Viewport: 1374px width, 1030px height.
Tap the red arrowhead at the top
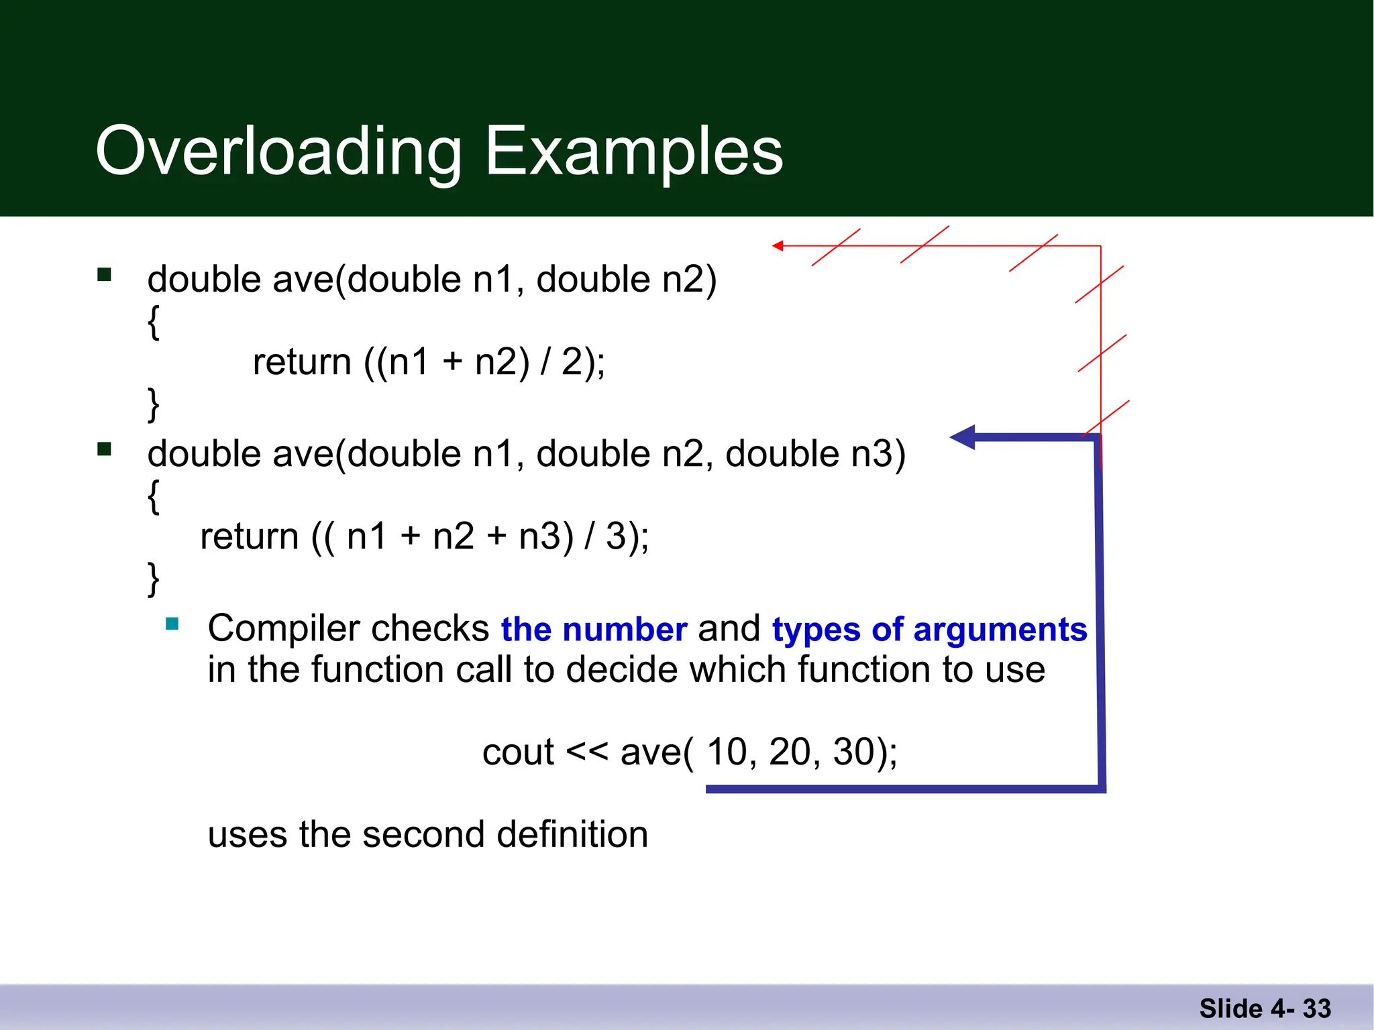click(778, 246)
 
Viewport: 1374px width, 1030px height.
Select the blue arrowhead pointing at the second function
click(963, 437)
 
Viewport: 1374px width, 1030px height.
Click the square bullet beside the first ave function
click(104, 274)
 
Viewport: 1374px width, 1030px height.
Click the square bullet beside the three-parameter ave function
click(104, 449)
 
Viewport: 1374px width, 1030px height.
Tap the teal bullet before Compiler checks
click(172, 624)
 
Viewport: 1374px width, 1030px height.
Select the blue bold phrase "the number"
click(594, 629)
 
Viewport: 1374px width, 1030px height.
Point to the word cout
click(517, 752)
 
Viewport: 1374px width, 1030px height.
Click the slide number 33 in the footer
click(1316, 1009)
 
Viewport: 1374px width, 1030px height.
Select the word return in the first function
click(302, 362)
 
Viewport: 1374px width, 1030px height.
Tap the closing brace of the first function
click(154, 404)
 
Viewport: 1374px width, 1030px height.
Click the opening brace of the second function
click(154, 496)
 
